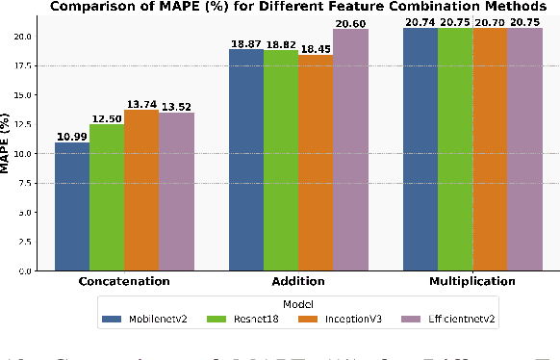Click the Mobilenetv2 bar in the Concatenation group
click(72, 206)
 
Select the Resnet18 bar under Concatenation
click(107, 197)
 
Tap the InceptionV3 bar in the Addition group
click(315, 163)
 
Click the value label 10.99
click(72, 136)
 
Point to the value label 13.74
click(141, 103)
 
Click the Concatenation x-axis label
click(124, 282)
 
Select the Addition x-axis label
click(297, 282)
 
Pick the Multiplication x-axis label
click(471, 282)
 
